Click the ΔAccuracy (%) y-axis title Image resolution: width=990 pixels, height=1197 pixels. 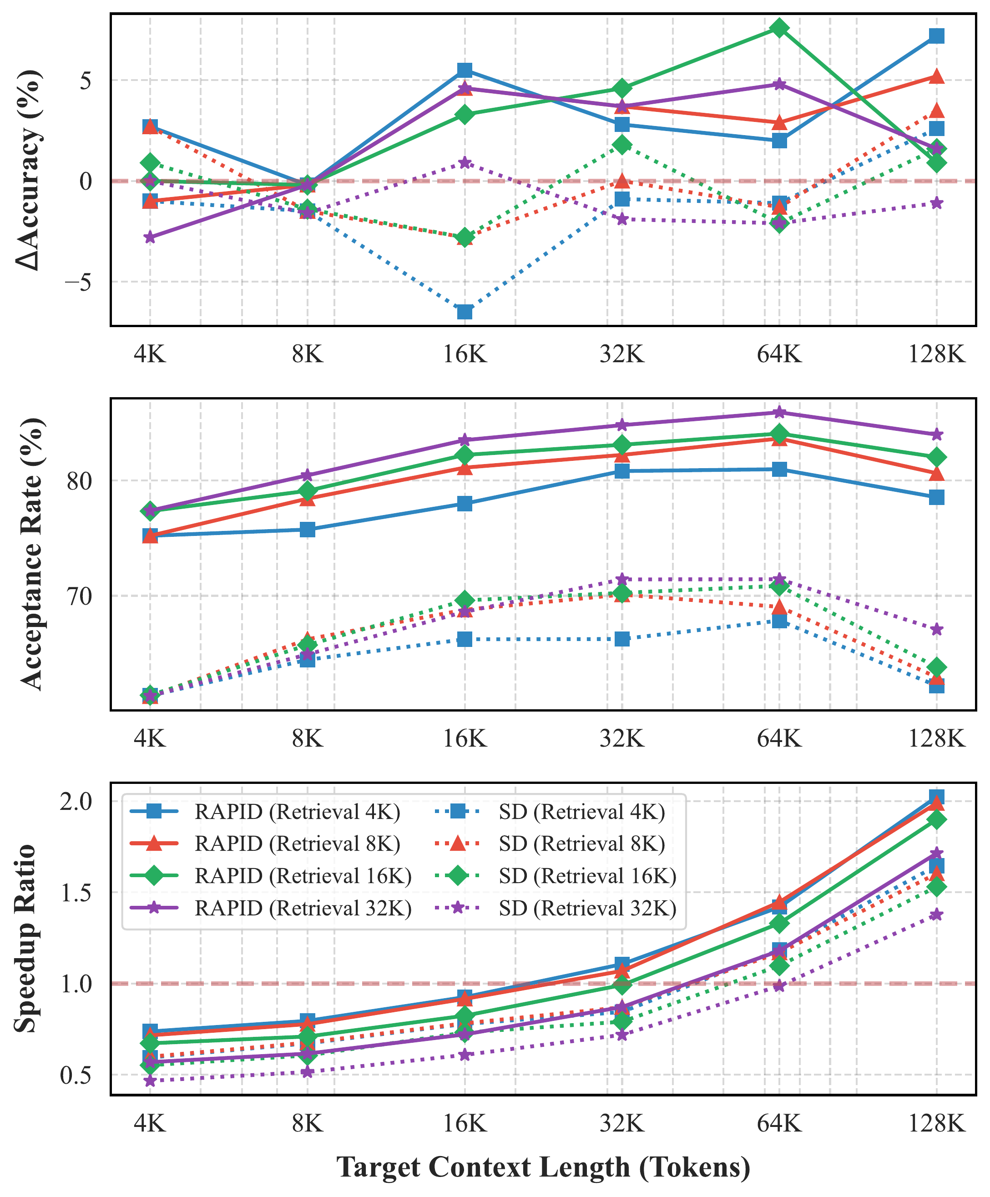point(29,170)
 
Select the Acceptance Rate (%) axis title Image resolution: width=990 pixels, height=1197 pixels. point(32,554)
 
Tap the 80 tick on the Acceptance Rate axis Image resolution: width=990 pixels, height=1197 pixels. point(79,480)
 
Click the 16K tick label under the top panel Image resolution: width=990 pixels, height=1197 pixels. point(465,354)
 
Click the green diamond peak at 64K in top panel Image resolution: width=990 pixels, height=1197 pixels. point(780,28)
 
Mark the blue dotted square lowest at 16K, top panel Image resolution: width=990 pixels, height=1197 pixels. point(465,312)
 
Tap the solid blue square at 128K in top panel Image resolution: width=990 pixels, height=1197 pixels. point(936,36)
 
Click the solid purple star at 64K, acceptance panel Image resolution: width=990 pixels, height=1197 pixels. point(780,413)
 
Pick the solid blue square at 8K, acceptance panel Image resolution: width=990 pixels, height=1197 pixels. point(308,530)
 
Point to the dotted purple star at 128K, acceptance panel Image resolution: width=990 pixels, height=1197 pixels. point(936,629)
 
